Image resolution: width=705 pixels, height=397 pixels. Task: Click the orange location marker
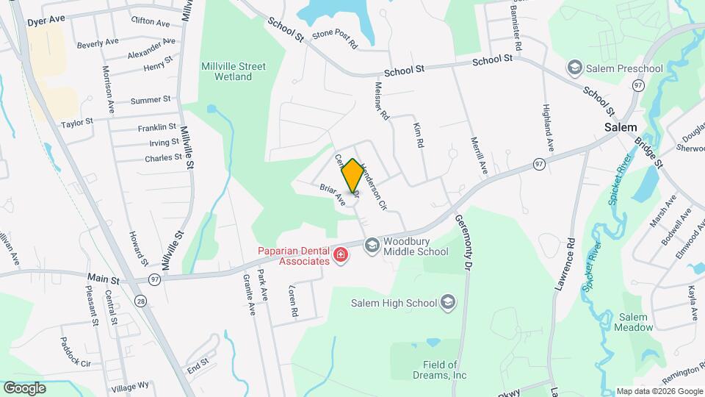(352, 175)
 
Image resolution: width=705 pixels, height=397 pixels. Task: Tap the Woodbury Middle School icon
(372, 244)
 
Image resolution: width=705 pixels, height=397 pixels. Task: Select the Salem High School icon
(447, 302)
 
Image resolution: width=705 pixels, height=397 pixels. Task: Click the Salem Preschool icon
(575, 68)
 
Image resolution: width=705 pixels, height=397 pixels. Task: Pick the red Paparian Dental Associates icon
(341, 256)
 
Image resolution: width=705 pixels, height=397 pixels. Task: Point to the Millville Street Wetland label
(234, 71)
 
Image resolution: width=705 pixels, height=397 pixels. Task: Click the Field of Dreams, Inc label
(444, 370)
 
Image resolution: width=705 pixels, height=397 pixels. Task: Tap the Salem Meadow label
(635, 322)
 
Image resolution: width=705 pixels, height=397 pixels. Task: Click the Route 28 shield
(140, 301)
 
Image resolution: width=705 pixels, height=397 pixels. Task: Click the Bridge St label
(648, 151)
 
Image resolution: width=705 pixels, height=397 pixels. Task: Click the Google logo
(25, 387)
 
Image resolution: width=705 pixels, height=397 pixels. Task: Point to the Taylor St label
(77, 123)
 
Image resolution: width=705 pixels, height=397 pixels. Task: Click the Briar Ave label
(332, 194)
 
